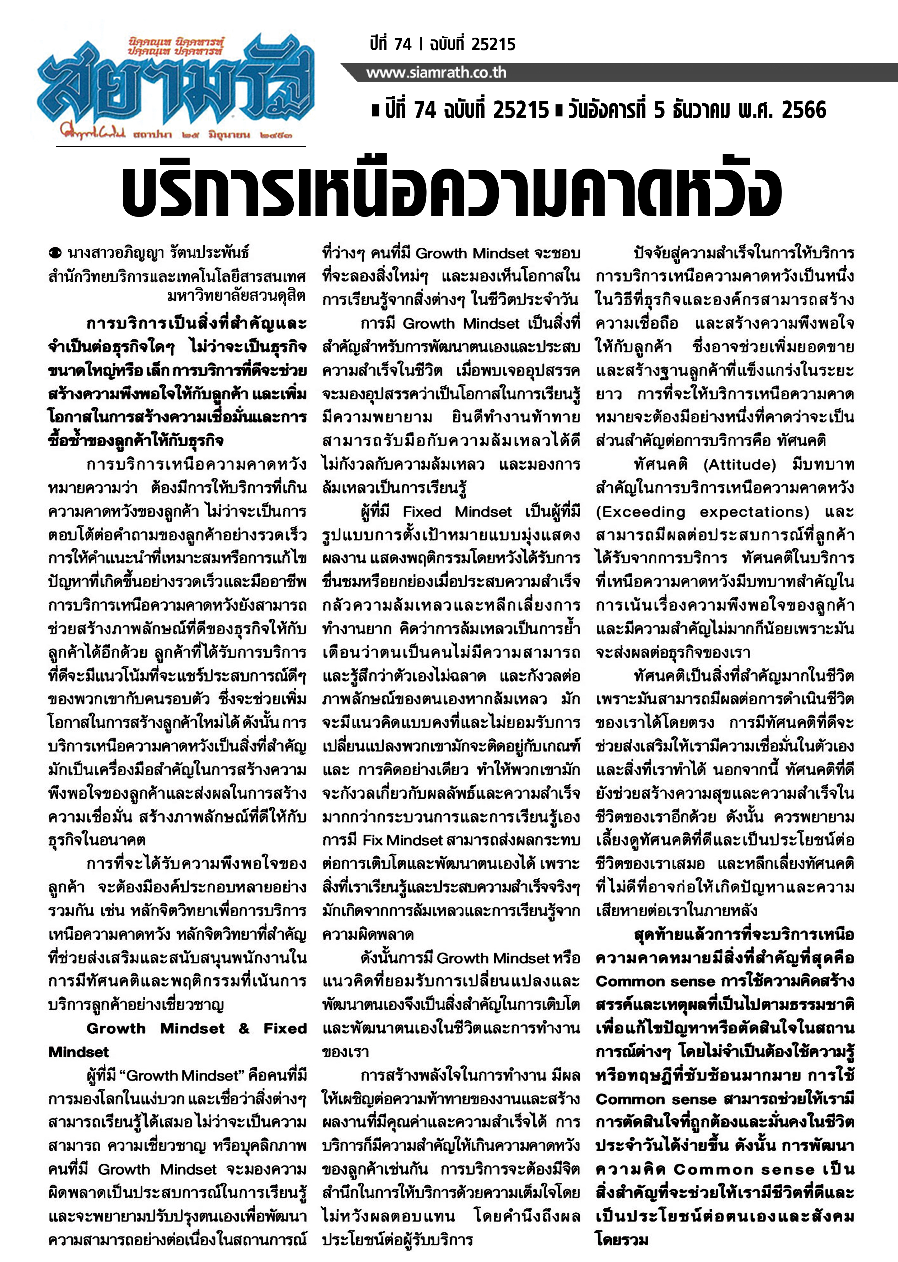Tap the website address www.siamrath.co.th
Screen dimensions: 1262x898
click(x=436, y=73)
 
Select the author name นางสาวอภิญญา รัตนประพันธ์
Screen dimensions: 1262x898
click(x=158, y=253)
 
